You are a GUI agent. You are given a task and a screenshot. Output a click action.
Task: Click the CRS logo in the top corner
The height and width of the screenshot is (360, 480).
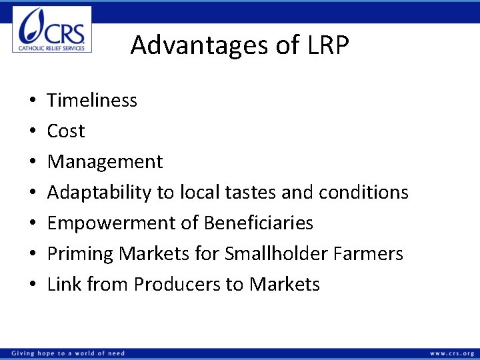(x=52, y=29)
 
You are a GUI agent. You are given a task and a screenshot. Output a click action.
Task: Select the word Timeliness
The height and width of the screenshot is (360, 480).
(x=92, y=101)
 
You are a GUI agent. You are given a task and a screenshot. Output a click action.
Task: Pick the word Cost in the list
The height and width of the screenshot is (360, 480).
(x=66, y=131)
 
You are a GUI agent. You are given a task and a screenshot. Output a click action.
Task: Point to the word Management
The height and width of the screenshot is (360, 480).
(x=105, y=162)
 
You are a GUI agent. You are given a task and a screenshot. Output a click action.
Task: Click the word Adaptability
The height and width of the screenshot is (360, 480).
(x=99, y=193)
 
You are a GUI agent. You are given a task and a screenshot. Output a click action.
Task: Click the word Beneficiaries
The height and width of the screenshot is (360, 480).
(x=258, y=223)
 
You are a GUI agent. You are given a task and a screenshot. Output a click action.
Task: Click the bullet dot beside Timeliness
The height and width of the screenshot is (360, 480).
(x=33, y=101)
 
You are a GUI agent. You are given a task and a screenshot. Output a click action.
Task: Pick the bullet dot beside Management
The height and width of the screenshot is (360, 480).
(x=33, y=163)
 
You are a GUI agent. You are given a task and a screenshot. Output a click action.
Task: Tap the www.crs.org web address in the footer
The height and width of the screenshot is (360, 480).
(x=451, y=353)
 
